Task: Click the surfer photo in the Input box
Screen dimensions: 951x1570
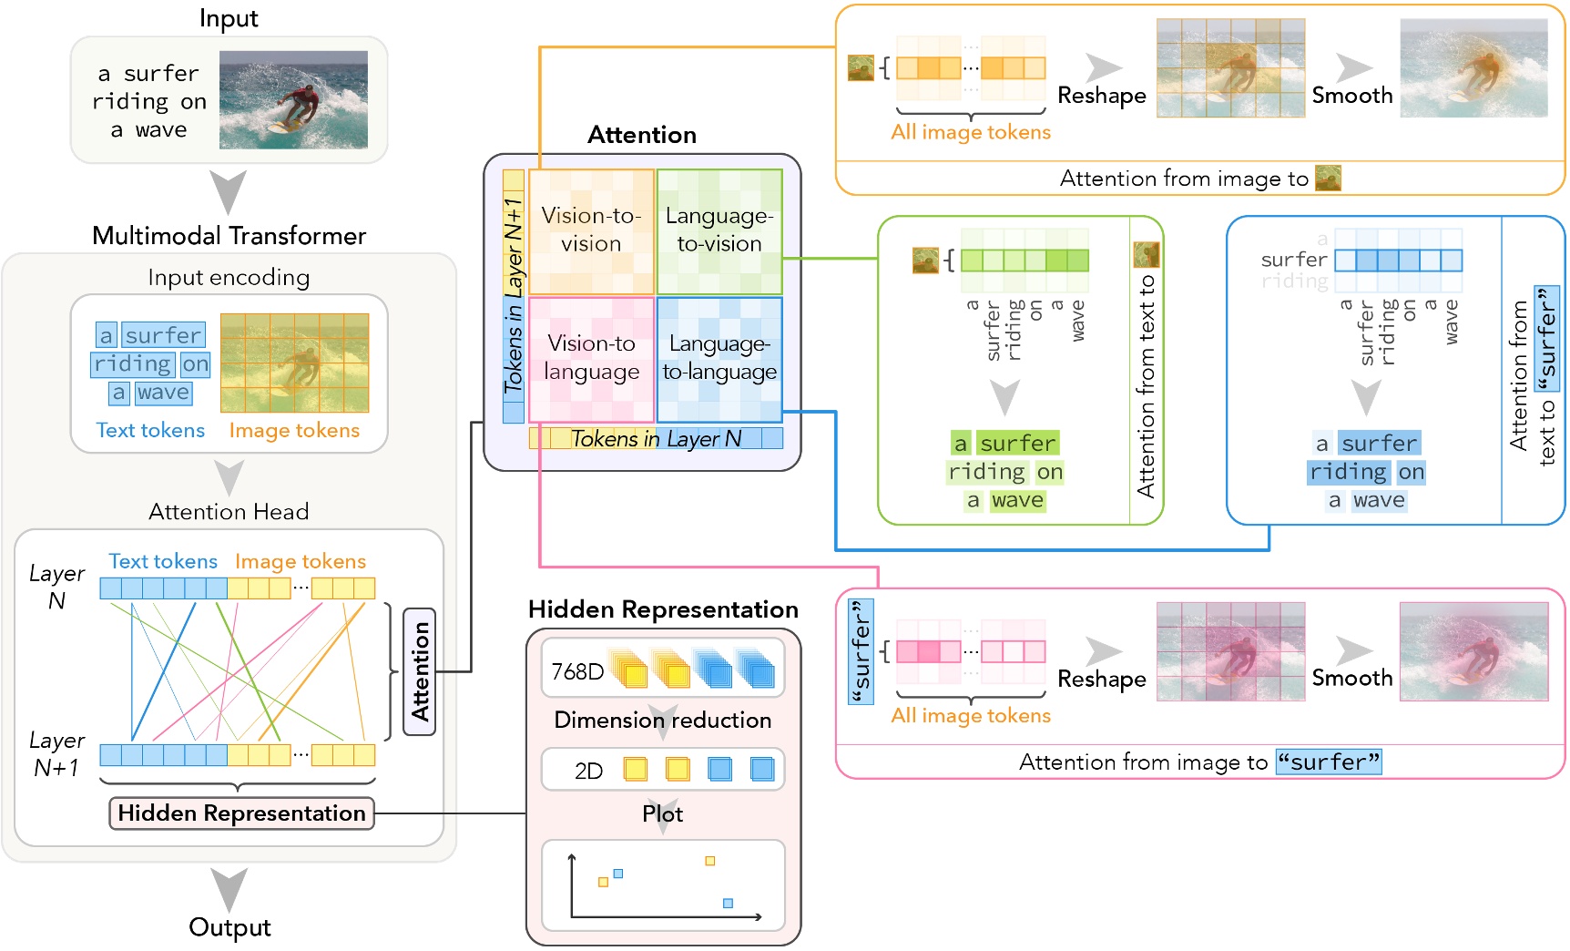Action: coord(293,100)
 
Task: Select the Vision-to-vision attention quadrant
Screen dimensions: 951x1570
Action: coord(591,230)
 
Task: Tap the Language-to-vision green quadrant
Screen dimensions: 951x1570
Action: coord(719,230)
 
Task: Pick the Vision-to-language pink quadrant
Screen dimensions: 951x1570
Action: coord(591,358)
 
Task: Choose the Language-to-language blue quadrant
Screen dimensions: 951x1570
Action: coord(719,358)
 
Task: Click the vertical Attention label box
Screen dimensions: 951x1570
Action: coord(419,671)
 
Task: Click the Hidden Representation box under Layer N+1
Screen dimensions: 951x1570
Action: coord(241,813)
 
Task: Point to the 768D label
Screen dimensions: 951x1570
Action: coord(577,671)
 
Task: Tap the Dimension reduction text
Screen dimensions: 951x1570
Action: coord(662,720)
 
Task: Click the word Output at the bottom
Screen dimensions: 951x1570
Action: coord(229,927)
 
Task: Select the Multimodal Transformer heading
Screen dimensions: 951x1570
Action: coord(229,236)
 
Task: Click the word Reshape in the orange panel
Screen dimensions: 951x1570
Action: coord(1101,96)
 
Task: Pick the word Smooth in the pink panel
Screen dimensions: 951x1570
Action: coord(1351,678)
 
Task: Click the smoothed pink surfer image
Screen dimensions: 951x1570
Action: coord(1473,651)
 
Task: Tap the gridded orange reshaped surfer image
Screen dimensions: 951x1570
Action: coord(1230,68)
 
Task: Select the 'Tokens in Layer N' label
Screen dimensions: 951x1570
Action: coord(656,439)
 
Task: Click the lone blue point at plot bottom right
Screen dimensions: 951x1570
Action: coord(728,903)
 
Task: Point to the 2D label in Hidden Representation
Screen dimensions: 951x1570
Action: coord(588,771)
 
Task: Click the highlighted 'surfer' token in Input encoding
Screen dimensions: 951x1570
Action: coord(163,335)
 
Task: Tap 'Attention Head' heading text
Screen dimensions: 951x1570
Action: coord(229,512)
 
